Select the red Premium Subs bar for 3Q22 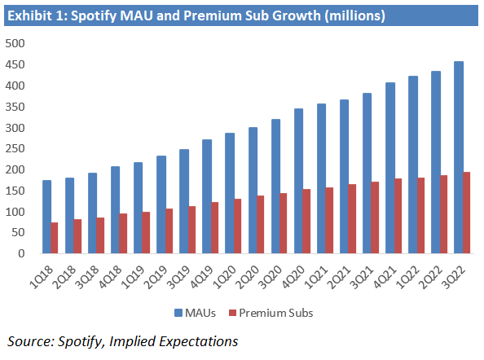(x=467, y=213)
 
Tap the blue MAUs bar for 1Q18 (x=47, y=217)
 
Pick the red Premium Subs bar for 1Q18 (x=55, y=238)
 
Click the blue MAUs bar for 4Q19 (x=207, y=196)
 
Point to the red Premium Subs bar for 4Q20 (x=306, y=221)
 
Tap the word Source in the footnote (x=28, y=341)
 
